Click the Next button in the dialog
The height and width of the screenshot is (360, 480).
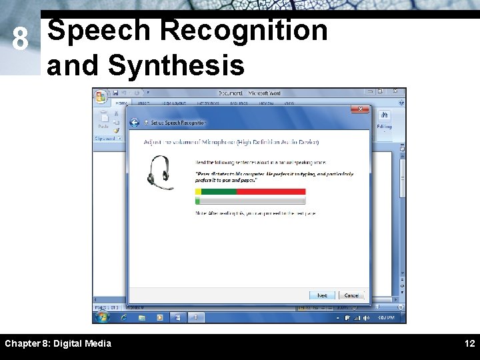point(322,295)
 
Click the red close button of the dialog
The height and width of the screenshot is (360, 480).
point(361,109)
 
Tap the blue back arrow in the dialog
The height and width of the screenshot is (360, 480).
point(135,123)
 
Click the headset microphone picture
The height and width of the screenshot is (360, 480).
point(160,172)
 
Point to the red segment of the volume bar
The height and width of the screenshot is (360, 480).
point(271,191)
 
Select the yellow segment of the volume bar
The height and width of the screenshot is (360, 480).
point(198,191)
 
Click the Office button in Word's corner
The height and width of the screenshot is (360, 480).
point(101,97)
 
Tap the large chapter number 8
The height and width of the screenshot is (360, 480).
point(21,41)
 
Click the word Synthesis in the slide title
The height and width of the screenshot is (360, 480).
point(176,65)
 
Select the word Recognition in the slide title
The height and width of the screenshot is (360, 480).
point(244,31)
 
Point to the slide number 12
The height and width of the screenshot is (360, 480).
point(469,343)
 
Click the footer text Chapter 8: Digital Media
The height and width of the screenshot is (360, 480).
point(58,343)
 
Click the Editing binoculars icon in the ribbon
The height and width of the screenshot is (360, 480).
point(385,117)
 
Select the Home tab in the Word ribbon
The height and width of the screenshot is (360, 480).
point(121,103)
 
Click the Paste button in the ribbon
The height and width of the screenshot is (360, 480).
point(103,119)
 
